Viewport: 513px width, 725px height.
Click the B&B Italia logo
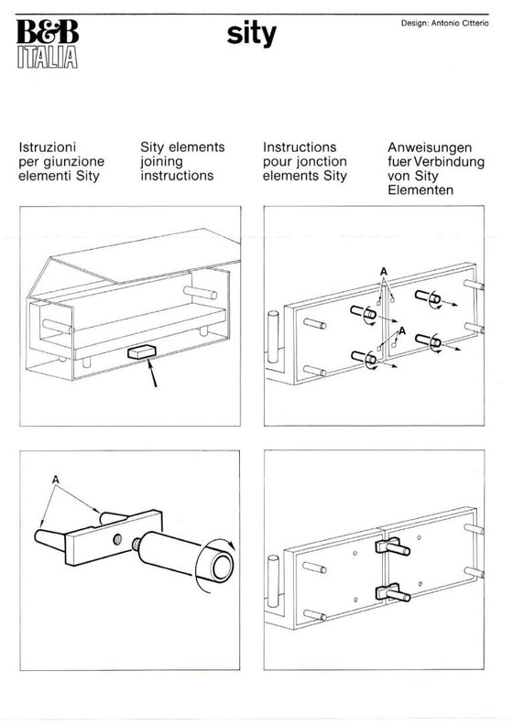coord(48,44)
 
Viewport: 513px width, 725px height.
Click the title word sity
coord(251,35)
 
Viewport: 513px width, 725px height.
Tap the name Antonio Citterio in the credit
coord(460,23)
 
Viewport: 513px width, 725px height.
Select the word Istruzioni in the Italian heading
coord(48,147)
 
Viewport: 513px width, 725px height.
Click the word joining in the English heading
coord(161,162)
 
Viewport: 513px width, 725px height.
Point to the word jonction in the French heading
coord(322,162)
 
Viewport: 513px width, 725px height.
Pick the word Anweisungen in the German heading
coord(430,148)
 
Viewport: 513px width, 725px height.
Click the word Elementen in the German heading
coord(420,190)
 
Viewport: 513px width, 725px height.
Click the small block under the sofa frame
coord(141,352)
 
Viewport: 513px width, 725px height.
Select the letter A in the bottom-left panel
coord(56,480)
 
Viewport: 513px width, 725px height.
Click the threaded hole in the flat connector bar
coord(117,537)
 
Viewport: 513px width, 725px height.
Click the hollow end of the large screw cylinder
coord(222,568)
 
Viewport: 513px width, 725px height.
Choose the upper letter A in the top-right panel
coord(384,272)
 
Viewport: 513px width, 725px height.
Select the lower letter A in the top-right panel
coord(402,331)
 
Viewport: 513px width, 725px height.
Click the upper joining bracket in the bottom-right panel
coord(392,546)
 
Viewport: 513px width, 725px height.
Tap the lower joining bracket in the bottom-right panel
coord(392,592)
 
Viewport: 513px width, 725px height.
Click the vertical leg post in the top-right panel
coord(273,338)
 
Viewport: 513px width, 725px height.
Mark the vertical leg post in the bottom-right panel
coord(273,581)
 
